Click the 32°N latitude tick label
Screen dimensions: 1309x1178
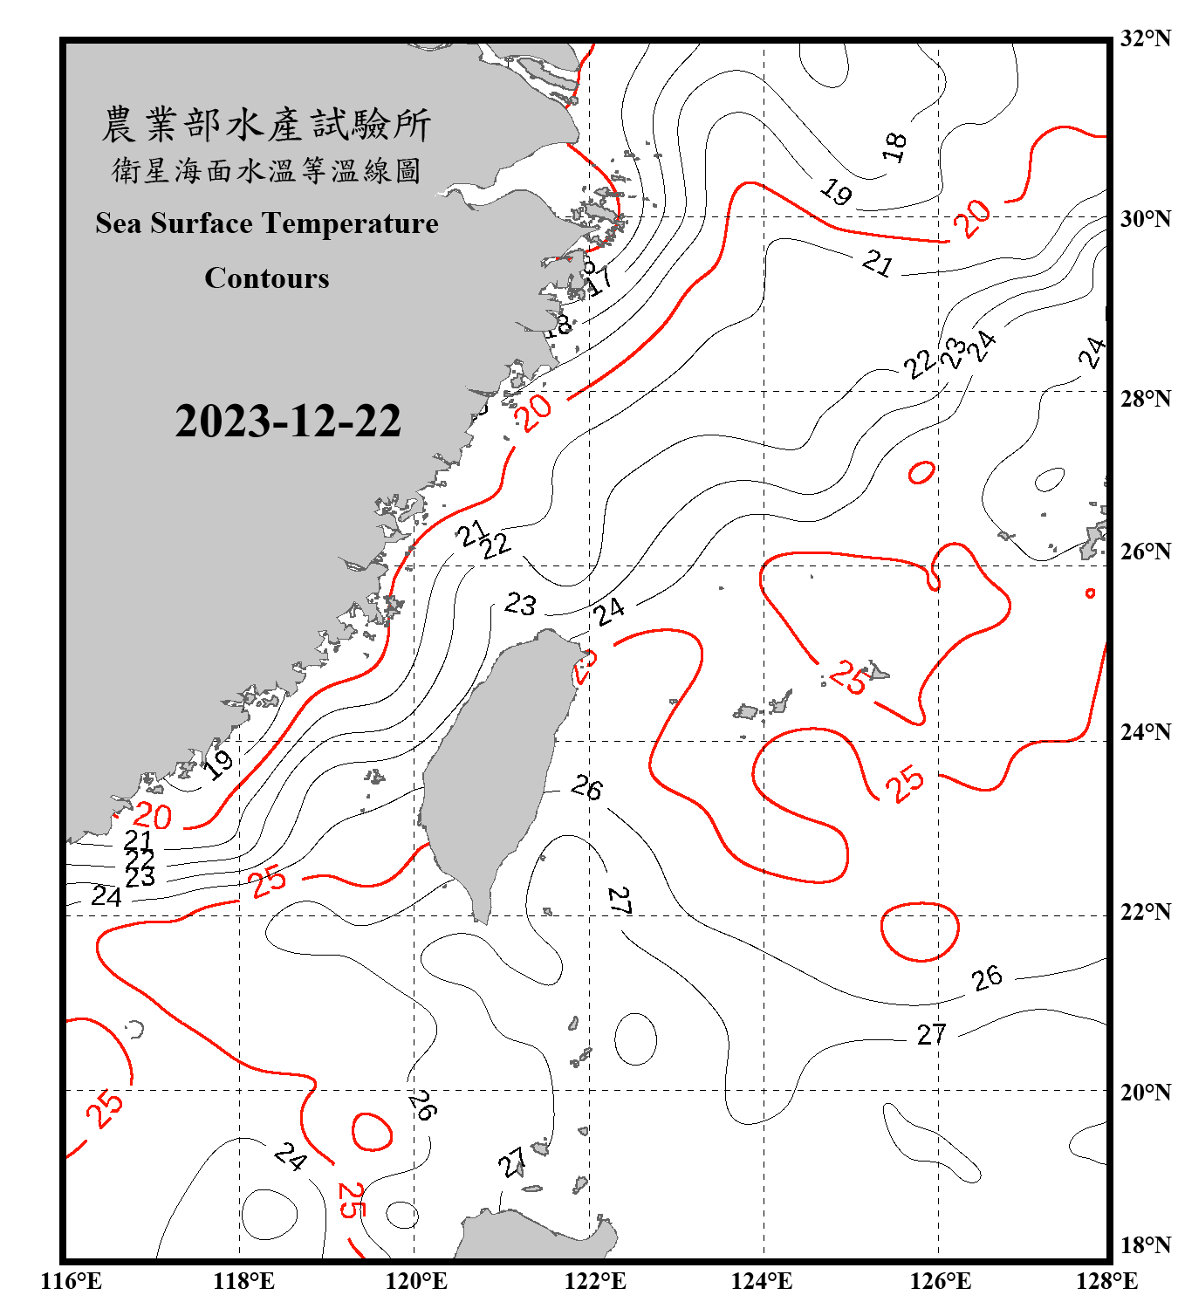pos(1145,38)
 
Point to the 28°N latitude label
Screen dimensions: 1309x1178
pos(1145,398)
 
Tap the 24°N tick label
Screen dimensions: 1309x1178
pos(1145,731)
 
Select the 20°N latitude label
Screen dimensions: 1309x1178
pos(1145,1092)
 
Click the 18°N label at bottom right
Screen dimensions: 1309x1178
pos(1145,1244)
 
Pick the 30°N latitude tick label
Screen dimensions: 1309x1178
pos(1145,218)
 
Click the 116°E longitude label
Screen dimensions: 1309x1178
pos(72,1281)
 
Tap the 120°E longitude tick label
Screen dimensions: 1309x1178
pos(416,1281)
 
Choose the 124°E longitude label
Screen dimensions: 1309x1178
pos(762,1281)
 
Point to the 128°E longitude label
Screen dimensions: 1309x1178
pos(1106,1281)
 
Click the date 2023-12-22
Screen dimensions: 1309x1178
pos(288,421)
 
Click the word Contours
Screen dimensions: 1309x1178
pos(267,278)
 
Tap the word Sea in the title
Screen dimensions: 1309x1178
pos(119,223)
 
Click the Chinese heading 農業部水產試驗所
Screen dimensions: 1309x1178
pos(266,125)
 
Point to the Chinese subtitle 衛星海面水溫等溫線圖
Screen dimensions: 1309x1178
pos(266,170)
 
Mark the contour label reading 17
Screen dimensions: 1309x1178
pos(599,282)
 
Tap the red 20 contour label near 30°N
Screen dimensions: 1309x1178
pos(971,217)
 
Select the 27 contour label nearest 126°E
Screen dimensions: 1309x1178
pos(931,1035)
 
